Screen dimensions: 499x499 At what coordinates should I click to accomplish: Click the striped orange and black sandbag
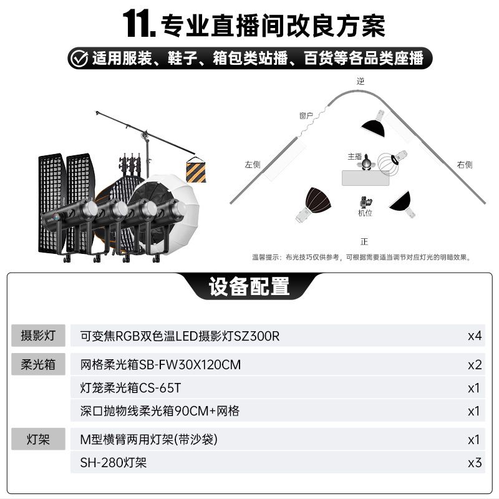click(196, 170)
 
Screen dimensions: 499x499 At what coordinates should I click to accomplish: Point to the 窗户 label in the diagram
click(306, 115)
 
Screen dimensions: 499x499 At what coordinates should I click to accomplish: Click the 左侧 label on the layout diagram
click(253, 165)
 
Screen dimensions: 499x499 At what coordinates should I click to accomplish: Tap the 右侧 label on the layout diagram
click(465, 165)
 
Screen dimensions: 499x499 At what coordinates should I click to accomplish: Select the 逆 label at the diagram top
click(361, 81)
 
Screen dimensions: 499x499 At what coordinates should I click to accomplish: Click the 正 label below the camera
click(364, 241)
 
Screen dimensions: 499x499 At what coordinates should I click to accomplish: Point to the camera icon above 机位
click(366, 202)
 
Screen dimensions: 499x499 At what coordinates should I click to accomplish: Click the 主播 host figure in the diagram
click(366, 162)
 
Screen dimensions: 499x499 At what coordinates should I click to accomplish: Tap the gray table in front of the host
click(366, 178)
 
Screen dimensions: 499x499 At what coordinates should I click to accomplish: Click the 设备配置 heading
click(249, 286)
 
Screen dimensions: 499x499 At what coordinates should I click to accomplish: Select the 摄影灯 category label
click(38, 336)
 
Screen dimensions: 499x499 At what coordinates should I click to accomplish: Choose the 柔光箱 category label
click(38, 364)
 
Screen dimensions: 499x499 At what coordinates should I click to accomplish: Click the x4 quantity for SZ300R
click(475, 336)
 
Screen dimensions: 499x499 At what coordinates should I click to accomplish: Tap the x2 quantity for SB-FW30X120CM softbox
click(475, 365)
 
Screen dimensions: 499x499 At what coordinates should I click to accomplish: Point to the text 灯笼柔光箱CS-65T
click(130, 388)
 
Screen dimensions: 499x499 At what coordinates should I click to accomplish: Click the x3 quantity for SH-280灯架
click(475, 463)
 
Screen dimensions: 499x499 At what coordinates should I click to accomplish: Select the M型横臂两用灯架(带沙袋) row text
click(149, 440)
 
